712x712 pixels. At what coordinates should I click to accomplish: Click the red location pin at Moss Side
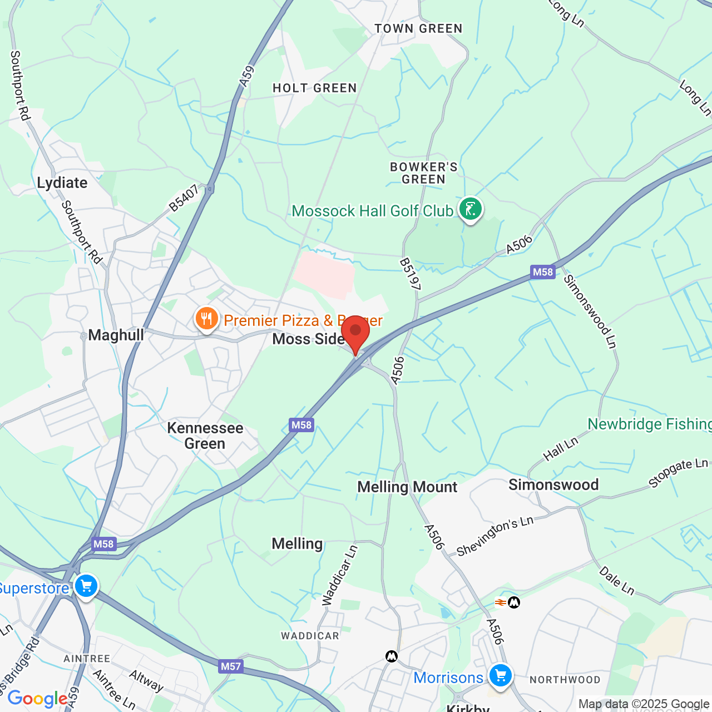(x=355, y=333)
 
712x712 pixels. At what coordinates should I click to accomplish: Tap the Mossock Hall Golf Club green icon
(x=470, y=210)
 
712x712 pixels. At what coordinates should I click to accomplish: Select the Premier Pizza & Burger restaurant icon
(x=206, y=319)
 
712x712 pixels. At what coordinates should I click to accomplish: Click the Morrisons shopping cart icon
(x=500, y=676)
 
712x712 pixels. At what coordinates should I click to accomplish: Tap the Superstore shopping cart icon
(x=86, y=586)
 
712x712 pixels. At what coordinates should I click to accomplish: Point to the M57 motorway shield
(x=231, y=666)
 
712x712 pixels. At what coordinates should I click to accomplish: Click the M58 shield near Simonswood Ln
(x=543, y=272)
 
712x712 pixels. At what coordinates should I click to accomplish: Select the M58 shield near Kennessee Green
(x=301, y=426)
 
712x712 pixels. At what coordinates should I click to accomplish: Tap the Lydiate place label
(x=62, y=183)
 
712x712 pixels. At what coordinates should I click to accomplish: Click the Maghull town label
(x=116, y=335)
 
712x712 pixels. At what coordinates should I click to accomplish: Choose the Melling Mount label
(x=407, y=487)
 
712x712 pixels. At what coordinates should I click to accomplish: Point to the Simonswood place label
(x=553, y=485)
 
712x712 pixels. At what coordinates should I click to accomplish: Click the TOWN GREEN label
(x=418, y=29)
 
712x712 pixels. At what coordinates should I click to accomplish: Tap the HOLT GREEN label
(x=315, y=88)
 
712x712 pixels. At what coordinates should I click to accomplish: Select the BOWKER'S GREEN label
(x=424, y=173)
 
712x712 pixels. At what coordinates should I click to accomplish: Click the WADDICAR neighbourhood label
(x=310, y=636)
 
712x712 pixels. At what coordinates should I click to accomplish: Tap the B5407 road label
(x=184, y=199)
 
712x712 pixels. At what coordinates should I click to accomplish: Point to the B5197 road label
(x=410, y=274)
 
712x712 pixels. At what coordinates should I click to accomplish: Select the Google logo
(x=37, y=699)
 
